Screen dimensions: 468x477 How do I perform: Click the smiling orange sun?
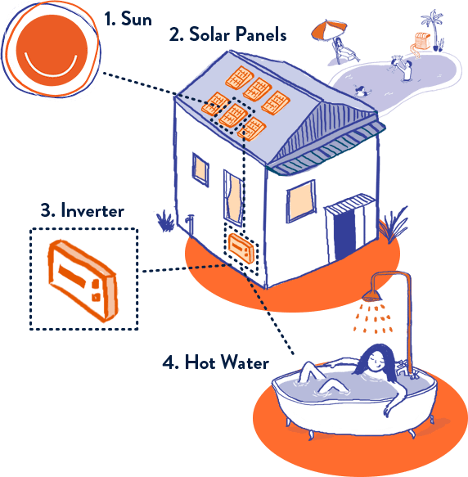tap(52, 50)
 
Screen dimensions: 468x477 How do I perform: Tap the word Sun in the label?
tap(137, 19)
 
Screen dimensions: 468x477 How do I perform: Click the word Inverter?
tap(92, 210)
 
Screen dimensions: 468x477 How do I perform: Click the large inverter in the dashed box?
tap(83, 280)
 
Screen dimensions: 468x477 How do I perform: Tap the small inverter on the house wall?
tap(241, 248)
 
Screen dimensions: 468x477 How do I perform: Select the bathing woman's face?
tap(376, 362)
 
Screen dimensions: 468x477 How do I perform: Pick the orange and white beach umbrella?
tap(329, 30)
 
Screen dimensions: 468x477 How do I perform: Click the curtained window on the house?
tap(234, 196)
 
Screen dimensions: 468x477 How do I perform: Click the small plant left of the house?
tap(164, 221)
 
